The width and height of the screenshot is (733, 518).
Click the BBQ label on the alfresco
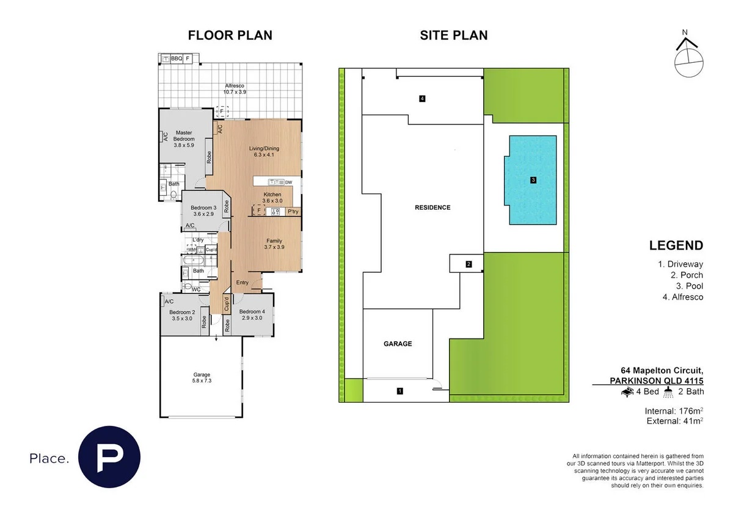[x=177, y=59]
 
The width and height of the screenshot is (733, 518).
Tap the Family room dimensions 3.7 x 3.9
[x=274, y=247]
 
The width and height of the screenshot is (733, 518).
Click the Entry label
[x=243, y=282]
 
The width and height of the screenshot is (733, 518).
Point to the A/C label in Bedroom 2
[x=169, y=301]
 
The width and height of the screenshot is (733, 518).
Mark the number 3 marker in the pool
[x=533, y=180]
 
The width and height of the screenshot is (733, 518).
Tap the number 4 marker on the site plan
[x=422, y=98]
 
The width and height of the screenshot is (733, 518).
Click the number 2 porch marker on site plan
[x=469, y=264]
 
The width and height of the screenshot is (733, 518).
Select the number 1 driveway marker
[x=399, y=390]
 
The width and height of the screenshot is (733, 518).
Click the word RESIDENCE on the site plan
[x=432, y=207]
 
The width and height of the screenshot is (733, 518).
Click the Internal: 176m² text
[x=674, y=410]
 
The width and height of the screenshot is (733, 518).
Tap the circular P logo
[x=109, y=457]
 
